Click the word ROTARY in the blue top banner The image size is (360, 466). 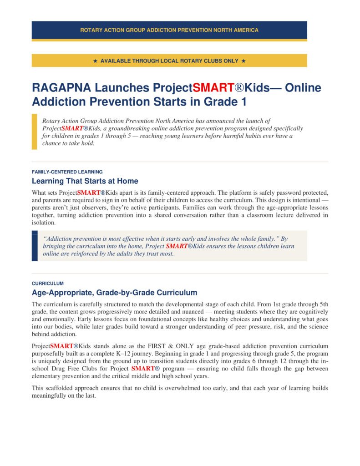click(91, 30)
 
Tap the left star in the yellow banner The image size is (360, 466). click(95, 61)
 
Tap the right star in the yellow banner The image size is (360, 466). click(243, 61)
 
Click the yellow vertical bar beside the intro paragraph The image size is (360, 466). click(34, 132)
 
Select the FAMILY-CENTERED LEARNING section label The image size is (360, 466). click(67, 172)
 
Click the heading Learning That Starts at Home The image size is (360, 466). click(85, 181)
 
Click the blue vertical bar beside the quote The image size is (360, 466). click(34, 246)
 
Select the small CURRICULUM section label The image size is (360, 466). click(47, 283)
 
